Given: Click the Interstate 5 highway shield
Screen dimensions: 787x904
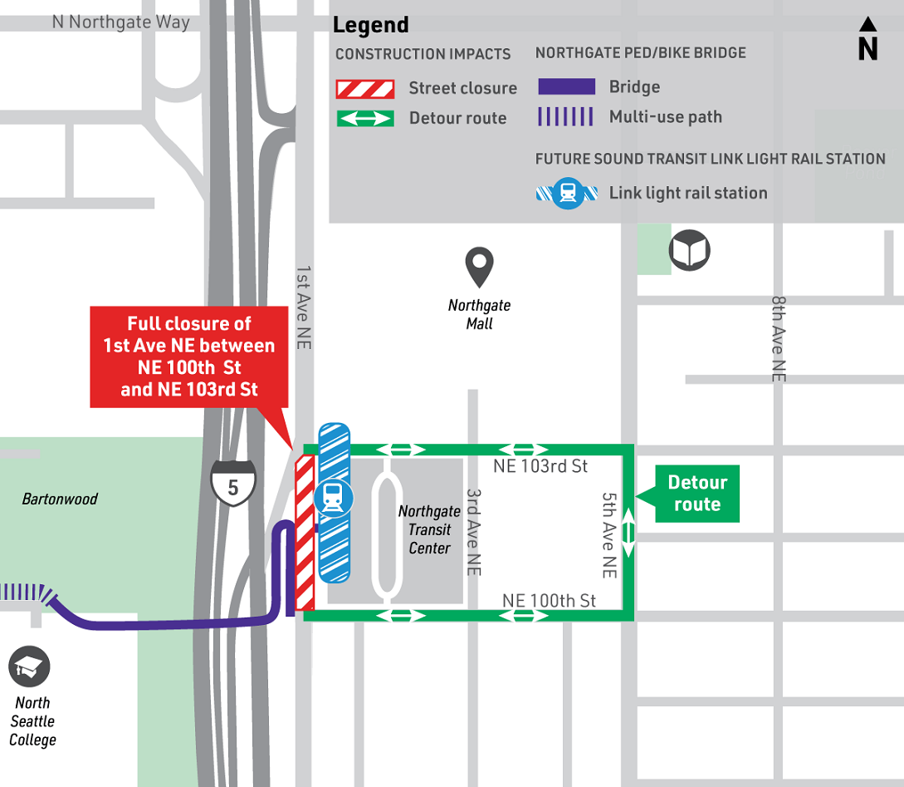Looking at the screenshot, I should (x=232, y=484).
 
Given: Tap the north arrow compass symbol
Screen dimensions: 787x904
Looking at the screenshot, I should (x=867, y=39).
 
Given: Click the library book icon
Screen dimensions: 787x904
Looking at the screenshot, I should (x=689, y=250).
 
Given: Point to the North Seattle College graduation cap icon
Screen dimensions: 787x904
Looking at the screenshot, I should (x=30, y=666).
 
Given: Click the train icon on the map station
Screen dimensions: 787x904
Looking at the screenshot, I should (x=334, y=498).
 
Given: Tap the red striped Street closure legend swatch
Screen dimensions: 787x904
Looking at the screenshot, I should (x=364, y=89).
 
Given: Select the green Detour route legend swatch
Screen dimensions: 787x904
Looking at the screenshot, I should (x=364, y=119).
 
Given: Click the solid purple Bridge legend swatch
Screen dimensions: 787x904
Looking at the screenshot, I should (x=566, y=87).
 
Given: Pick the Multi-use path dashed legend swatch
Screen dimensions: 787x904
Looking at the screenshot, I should (x=566, y=116).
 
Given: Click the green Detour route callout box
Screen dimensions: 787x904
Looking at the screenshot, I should (x=696, y=494).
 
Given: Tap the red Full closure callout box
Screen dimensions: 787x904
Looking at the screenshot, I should (x=189, y=357).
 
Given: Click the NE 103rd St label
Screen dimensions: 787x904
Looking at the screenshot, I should (x=540, y=466).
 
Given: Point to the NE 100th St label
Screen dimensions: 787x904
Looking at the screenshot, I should (x=549, y=600).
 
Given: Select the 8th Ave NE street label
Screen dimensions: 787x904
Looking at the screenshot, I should (x=778, y=339).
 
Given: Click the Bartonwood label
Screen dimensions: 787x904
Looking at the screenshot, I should (x=60, y=499).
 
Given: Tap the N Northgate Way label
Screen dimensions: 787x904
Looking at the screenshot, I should (x=121, y=22).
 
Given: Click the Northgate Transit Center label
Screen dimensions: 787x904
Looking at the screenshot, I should (x=429, y=530).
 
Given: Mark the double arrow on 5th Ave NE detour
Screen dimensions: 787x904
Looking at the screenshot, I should (x=628, y=533).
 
